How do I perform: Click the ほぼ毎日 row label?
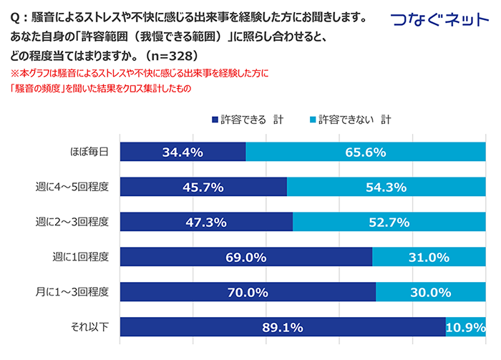coord(89,152)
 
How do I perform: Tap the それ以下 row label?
coord(89,327)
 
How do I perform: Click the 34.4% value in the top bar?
coord(183,152)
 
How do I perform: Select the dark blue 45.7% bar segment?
coord(203,187)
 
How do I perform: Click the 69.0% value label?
coord(246,257)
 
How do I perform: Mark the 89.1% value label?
coord(282,328)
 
